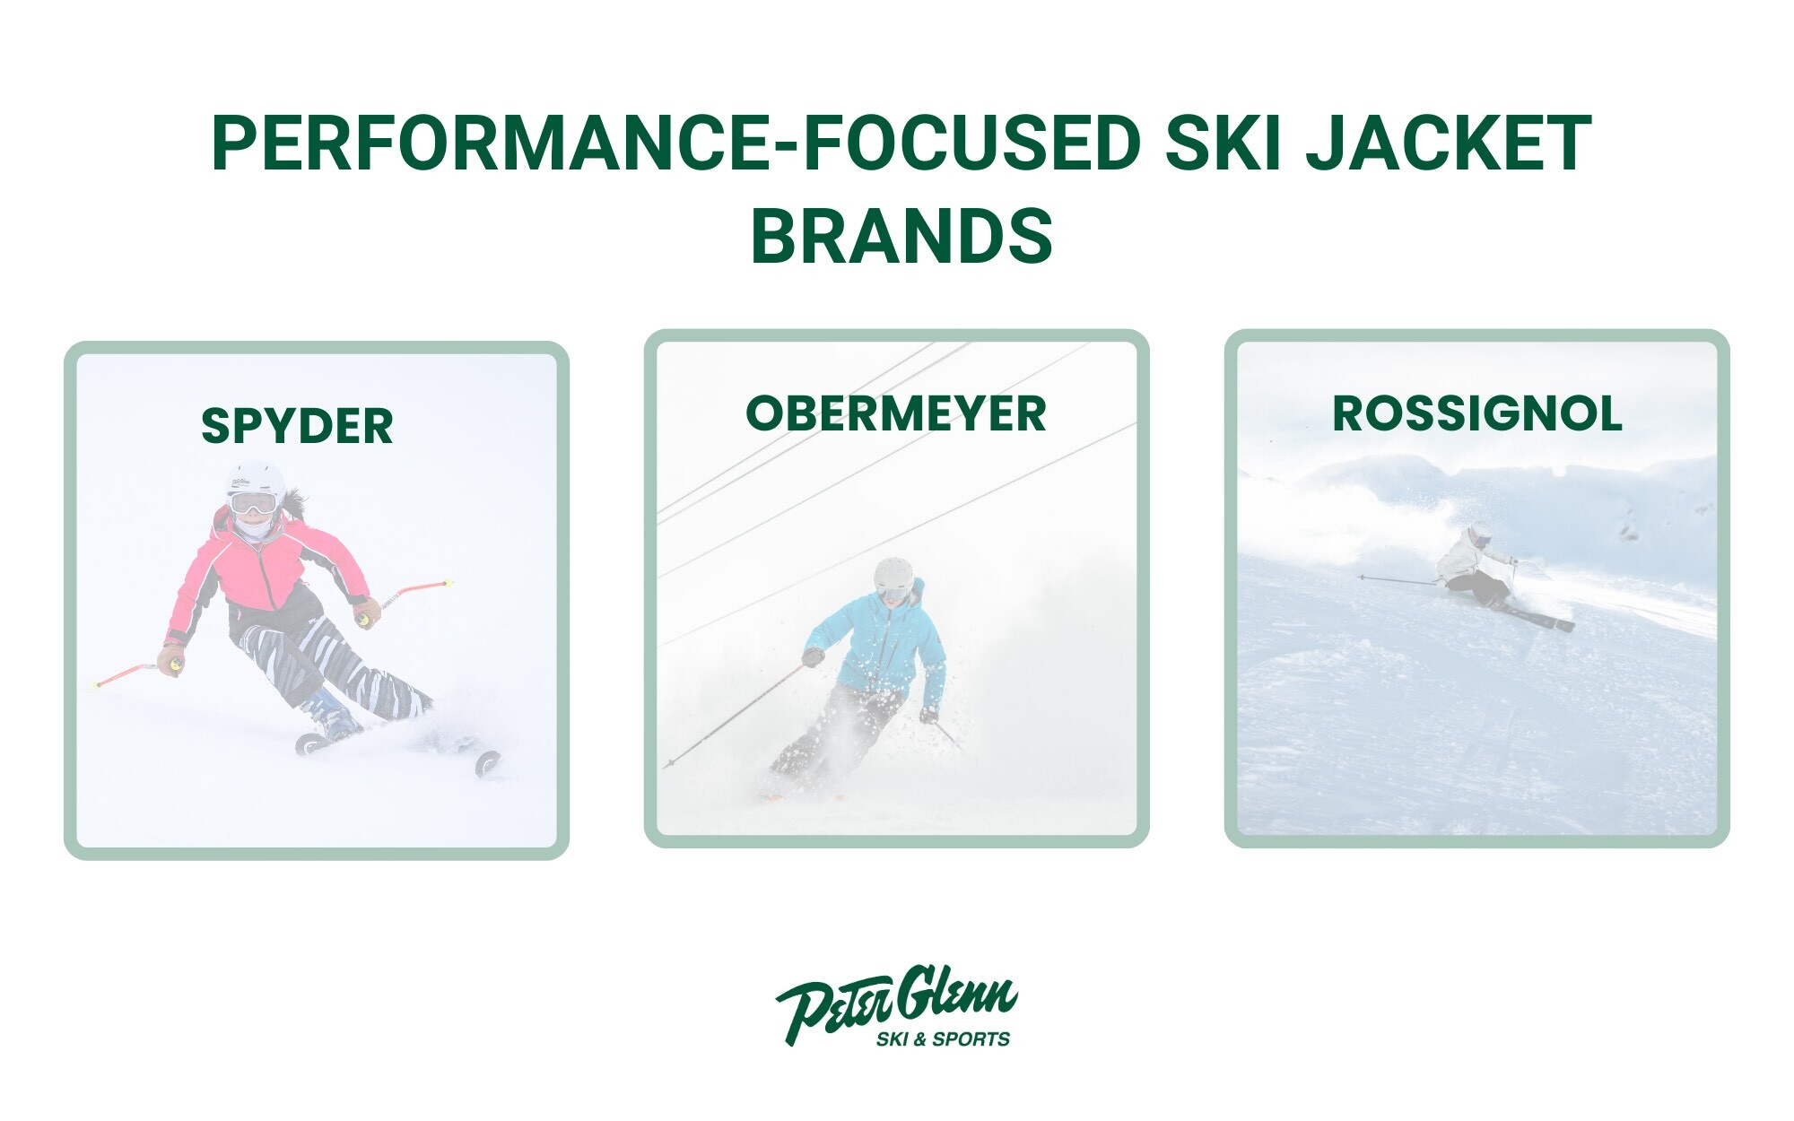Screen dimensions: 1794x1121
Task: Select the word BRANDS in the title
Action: (901, 236)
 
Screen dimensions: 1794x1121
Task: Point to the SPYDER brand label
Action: (297, 426)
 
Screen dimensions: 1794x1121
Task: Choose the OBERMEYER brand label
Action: (896, 413)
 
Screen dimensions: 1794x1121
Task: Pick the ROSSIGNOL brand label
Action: (1477, 413)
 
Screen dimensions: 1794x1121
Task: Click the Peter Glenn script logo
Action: (896, 997)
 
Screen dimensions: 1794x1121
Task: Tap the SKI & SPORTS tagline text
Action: (943, 1039)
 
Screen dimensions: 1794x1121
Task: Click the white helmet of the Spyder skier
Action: (256, 482)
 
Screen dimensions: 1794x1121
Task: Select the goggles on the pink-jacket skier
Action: (252, 504)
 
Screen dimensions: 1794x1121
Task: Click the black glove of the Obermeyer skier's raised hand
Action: (814, 657)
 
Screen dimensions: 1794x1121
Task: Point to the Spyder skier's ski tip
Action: (489, 763)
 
